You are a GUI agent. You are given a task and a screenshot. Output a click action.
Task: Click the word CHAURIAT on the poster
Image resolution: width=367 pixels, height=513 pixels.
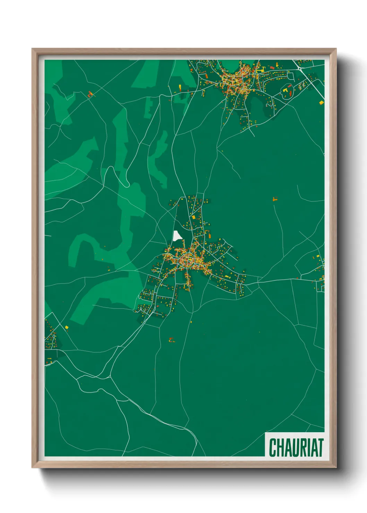pos(296,447)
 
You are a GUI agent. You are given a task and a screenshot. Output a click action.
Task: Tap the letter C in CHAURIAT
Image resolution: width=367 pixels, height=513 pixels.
pos(272,447)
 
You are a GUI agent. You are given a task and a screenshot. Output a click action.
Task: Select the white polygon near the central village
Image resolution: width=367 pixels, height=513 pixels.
pos(177,236)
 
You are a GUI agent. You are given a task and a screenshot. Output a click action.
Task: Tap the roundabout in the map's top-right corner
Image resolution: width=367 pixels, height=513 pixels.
pos(299,69)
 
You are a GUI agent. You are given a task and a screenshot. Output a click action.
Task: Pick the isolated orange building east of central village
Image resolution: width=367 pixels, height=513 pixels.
pos(275,199)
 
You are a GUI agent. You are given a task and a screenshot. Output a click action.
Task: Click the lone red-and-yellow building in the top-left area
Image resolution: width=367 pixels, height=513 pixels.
pos(90,94)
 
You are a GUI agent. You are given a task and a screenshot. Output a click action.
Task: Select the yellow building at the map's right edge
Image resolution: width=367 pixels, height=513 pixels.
pos(321,102)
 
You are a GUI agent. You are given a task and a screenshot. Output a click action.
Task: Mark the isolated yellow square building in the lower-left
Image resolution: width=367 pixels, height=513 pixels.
pos(67,327)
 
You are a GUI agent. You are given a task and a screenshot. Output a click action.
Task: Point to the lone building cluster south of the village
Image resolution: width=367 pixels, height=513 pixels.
pos(172,340)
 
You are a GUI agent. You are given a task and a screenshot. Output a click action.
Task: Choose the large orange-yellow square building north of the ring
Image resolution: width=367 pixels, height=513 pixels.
pos(194,217)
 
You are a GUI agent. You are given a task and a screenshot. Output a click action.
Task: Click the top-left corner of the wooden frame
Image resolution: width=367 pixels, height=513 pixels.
pos(33,49)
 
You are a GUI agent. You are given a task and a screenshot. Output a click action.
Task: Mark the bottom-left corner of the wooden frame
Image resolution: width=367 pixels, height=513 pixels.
pos(33,467)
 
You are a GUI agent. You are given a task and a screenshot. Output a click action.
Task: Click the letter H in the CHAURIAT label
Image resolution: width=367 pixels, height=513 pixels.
pos(279,447)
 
